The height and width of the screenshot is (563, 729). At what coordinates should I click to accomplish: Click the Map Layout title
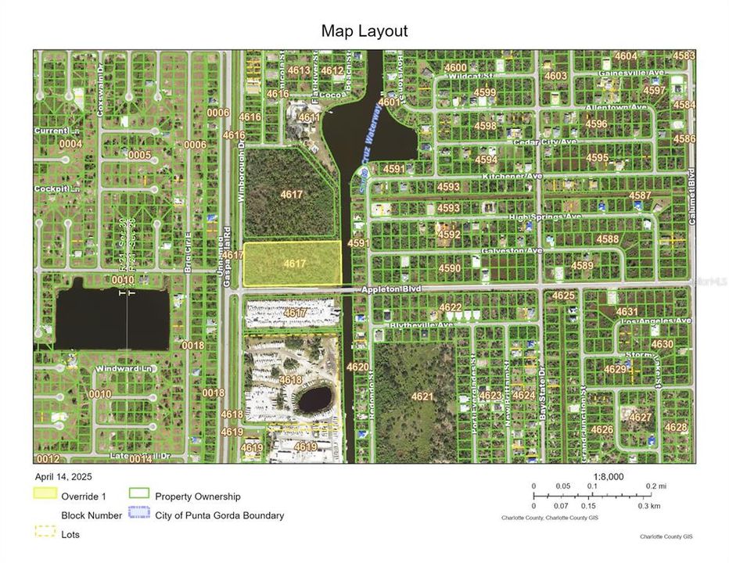[364, 31]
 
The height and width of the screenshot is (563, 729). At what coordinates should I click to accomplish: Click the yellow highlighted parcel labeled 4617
[293, 264]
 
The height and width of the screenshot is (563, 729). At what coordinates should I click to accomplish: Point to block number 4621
[422, 396]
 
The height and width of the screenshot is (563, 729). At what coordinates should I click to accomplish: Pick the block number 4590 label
[450, 268]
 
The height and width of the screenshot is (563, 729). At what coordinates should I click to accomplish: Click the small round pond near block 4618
[314, 399]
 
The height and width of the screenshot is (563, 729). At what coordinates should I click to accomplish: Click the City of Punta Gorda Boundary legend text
[219, 515]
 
